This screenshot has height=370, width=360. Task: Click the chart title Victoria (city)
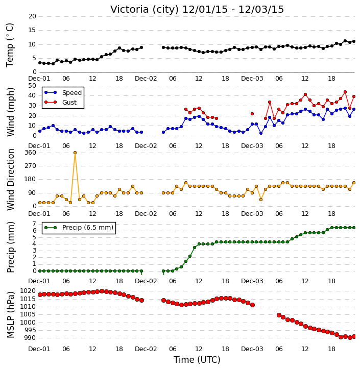(145, 9)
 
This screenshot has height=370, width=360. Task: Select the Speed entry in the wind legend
(63, 93)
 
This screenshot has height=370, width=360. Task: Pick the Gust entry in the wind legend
(61, 103)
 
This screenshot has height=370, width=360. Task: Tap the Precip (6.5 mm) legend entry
(79, 228)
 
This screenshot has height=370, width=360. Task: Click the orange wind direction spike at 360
(75, 153)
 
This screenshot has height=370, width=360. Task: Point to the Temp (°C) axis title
(10, 45)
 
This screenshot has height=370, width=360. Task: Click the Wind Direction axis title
(10, 180)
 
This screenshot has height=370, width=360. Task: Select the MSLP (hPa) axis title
(10, 314)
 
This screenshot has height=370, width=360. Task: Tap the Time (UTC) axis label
(197, 360)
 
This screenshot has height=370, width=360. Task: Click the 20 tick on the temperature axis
(32, 16)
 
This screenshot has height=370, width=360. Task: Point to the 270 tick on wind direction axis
(31, 166)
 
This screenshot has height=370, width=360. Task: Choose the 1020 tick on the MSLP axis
(28, 291)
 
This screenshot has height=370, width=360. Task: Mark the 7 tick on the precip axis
(34, 224)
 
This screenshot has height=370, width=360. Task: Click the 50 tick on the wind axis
(32, 86)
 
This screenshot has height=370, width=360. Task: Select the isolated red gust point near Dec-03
(252, 114)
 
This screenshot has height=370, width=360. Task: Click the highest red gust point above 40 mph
(345, 92)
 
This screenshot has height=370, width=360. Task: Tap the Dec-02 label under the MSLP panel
(146, 349)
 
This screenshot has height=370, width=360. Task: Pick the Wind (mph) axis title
(10, 112)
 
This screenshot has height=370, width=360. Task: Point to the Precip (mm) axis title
(10, 247)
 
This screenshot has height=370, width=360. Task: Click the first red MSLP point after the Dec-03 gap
(279, 315)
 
